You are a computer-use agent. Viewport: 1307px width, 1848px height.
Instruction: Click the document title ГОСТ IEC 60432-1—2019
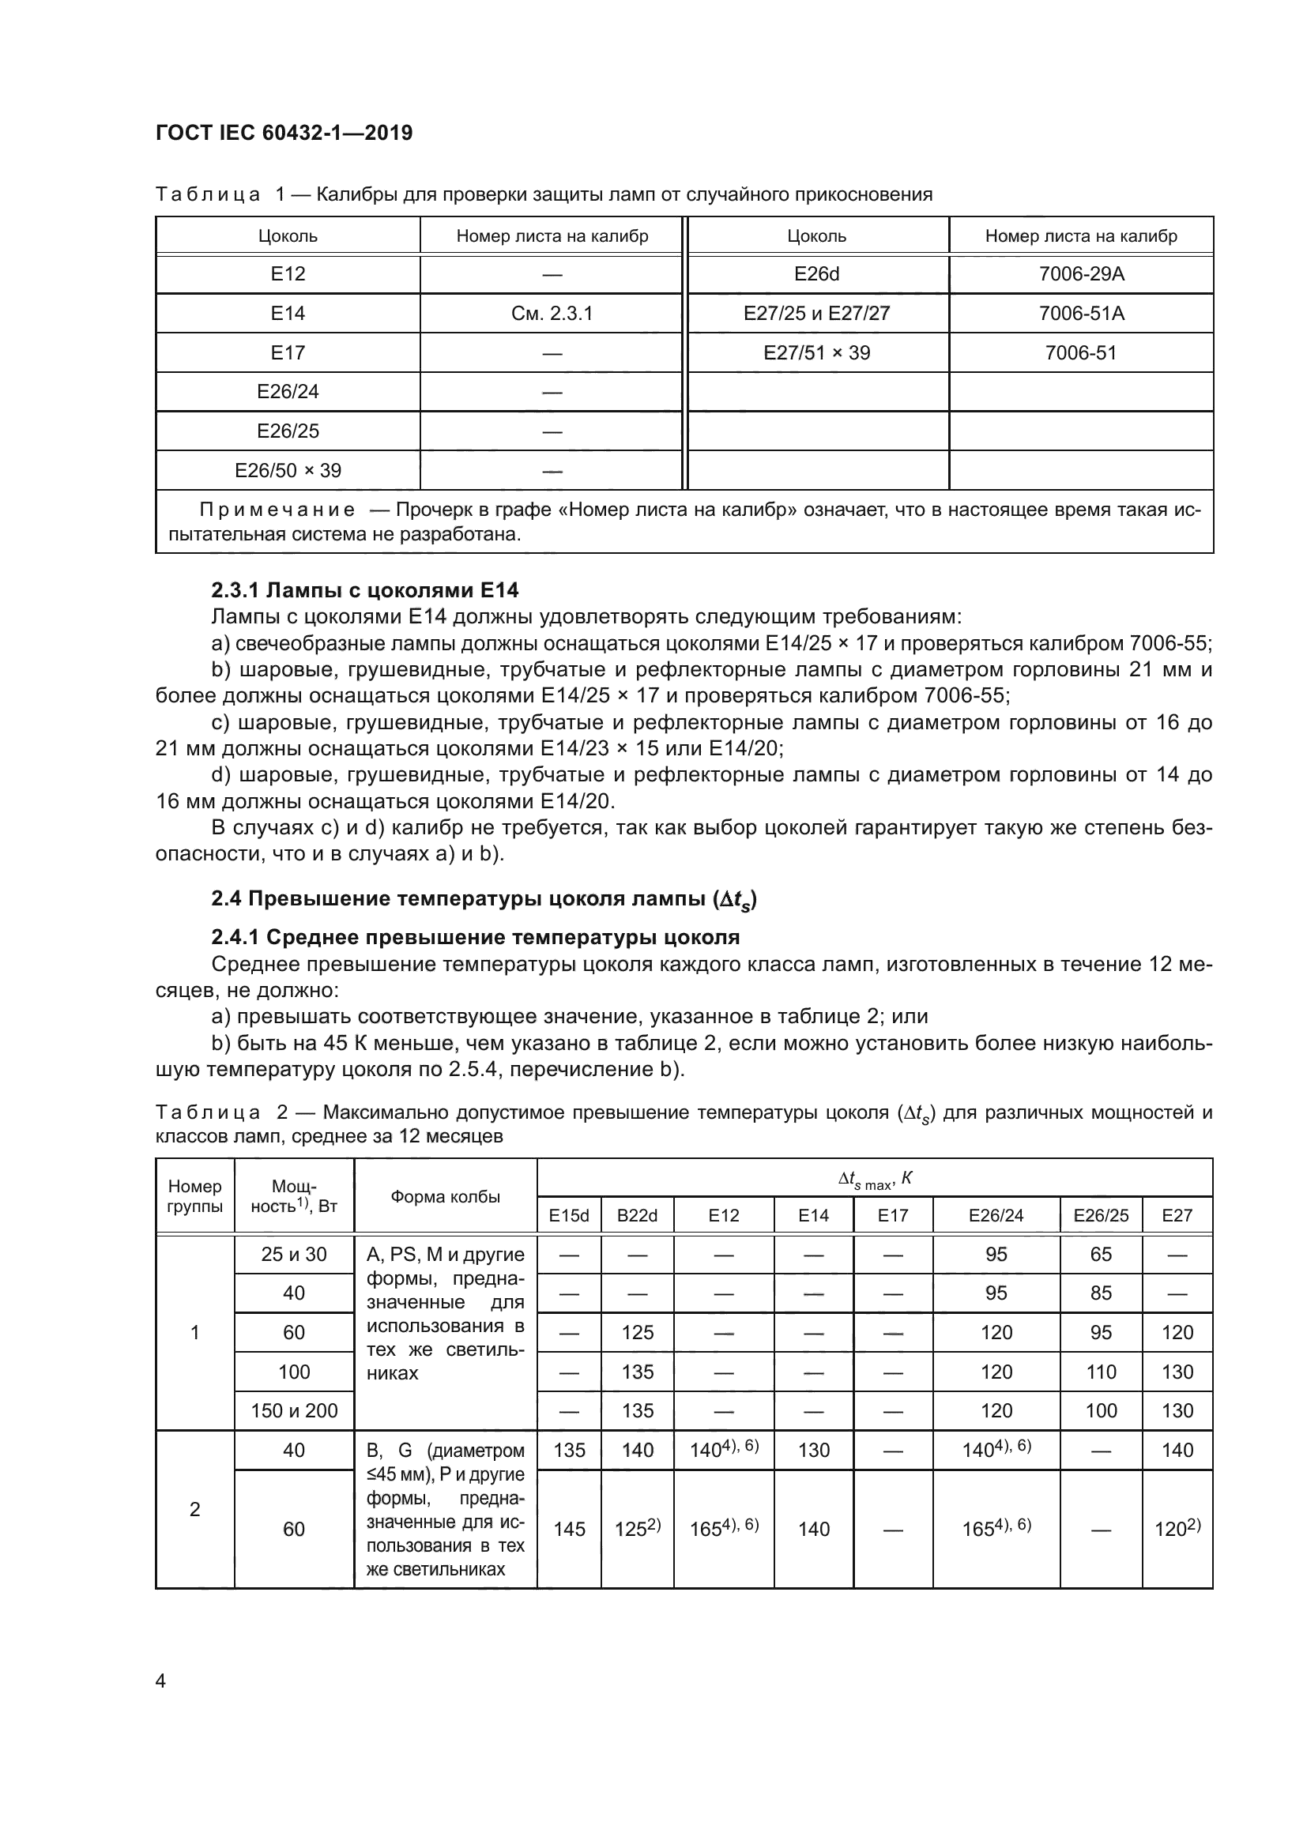[x=284, y=133]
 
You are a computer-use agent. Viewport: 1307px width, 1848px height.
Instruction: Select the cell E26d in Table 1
[x=816, y=274]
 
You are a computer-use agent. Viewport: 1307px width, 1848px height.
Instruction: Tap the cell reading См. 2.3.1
[x=552, y=313]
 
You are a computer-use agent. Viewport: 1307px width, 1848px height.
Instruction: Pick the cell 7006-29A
[x=1081, y=274]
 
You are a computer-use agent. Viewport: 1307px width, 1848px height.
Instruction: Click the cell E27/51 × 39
[x=816, y=352]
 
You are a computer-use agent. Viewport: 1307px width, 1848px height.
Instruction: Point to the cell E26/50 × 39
[x=288, y=470]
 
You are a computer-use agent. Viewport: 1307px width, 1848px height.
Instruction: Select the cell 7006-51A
[x=1081, y=313]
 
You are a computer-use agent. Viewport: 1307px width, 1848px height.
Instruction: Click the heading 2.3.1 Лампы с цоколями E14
[x=364, y=590]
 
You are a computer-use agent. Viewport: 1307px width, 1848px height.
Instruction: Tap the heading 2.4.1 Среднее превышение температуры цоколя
[x=475, y=937]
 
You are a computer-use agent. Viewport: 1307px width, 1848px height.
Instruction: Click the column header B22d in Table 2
[x=637, y=1215]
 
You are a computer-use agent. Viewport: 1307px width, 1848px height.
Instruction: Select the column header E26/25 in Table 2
[x=1100, y=1215]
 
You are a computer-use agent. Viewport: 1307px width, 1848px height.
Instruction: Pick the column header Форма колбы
[x=445, y=1197]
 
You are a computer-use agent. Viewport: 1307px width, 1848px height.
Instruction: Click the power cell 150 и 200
[x=294, y=1410]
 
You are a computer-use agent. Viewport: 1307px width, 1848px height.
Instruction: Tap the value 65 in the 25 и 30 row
[x=1100, y=1254]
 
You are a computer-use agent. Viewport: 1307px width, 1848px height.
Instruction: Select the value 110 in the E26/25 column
[x=1100, y=1372]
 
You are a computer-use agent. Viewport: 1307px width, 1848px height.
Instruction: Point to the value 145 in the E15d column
[x=569, y=1529]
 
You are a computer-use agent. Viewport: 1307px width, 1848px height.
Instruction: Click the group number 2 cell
[x=194, y=1509]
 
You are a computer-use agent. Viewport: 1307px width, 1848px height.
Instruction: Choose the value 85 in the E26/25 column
[x=1100, y=1293]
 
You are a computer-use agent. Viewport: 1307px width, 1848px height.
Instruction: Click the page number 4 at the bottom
[x=160, y=1681]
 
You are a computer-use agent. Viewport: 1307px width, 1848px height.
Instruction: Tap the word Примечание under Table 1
[x=277, y=510]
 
